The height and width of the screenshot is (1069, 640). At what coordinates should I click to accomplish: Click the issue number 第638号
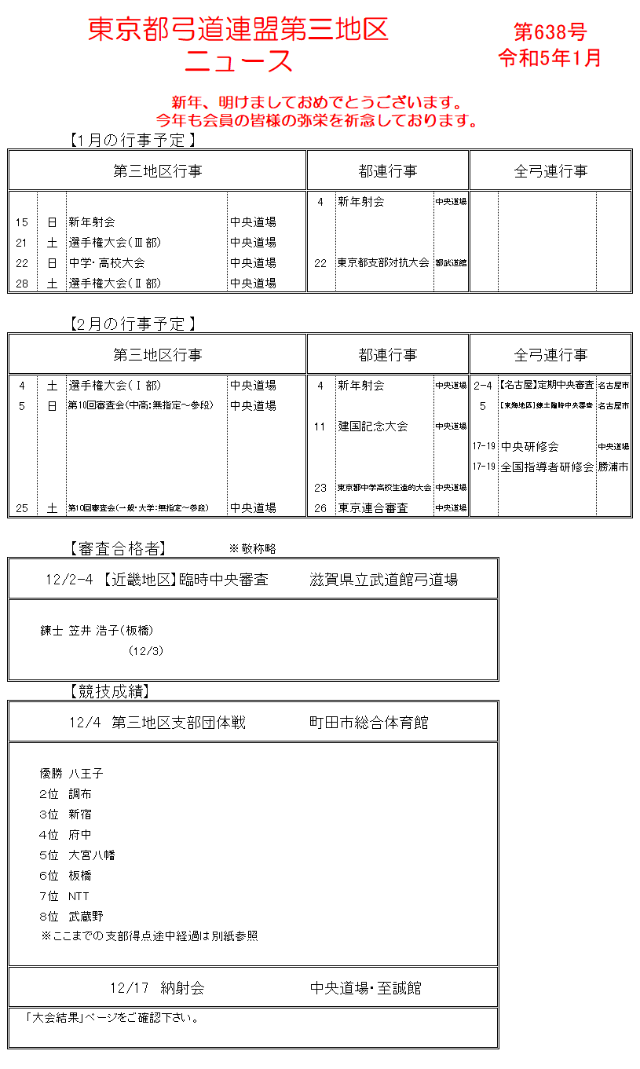[550, 31]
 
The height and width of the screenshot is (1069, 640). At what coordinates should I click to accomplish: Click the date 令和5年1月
[550, 58]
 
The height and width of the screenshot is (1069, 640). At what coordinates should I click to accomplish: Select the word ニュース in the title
[239, 61]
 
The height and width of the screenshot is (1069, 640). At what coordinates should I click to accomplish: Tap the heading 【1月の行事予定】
[131, 141]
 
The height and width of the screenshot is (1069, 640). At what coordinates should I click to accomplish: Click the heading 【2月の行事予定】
[131, 324]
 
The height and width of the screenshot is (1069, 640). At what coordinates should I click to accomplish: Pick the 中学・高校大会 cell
[107, 263]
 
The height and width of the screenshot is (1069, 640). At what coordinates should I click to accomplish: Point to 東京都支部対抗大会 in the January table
[384, 263]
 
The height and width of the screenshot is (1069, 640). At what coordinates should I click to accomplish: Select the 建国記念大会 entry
[373, 427]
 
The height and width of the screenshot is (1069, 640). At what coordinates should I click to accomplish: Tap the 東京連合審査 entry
[373, 508]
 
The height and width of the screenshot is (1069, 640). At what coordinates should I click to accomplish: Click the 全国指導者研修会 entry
[547, 467]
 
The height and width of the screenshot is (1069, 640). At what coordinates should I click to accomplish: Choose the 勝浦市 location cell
[613, 467]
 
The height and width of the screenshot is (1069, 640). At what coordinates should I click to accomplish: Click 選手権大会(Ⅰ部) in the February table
[114, 386]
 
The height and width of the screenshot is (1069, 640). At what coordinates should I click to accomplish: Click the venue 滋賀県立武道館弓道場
[384, 580]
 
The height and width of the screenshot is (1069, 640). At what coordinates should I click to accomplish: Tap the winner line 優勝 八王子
[71, 774]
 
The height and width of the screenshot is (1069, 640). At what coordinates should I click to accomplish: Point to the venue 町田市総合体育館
[369, 723]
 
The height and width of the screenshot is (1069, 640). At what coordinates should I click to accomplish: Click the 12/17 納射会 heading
[158, 988]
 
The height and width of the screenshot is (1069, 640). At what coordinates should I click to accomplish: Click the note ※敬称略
[252, 548]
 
